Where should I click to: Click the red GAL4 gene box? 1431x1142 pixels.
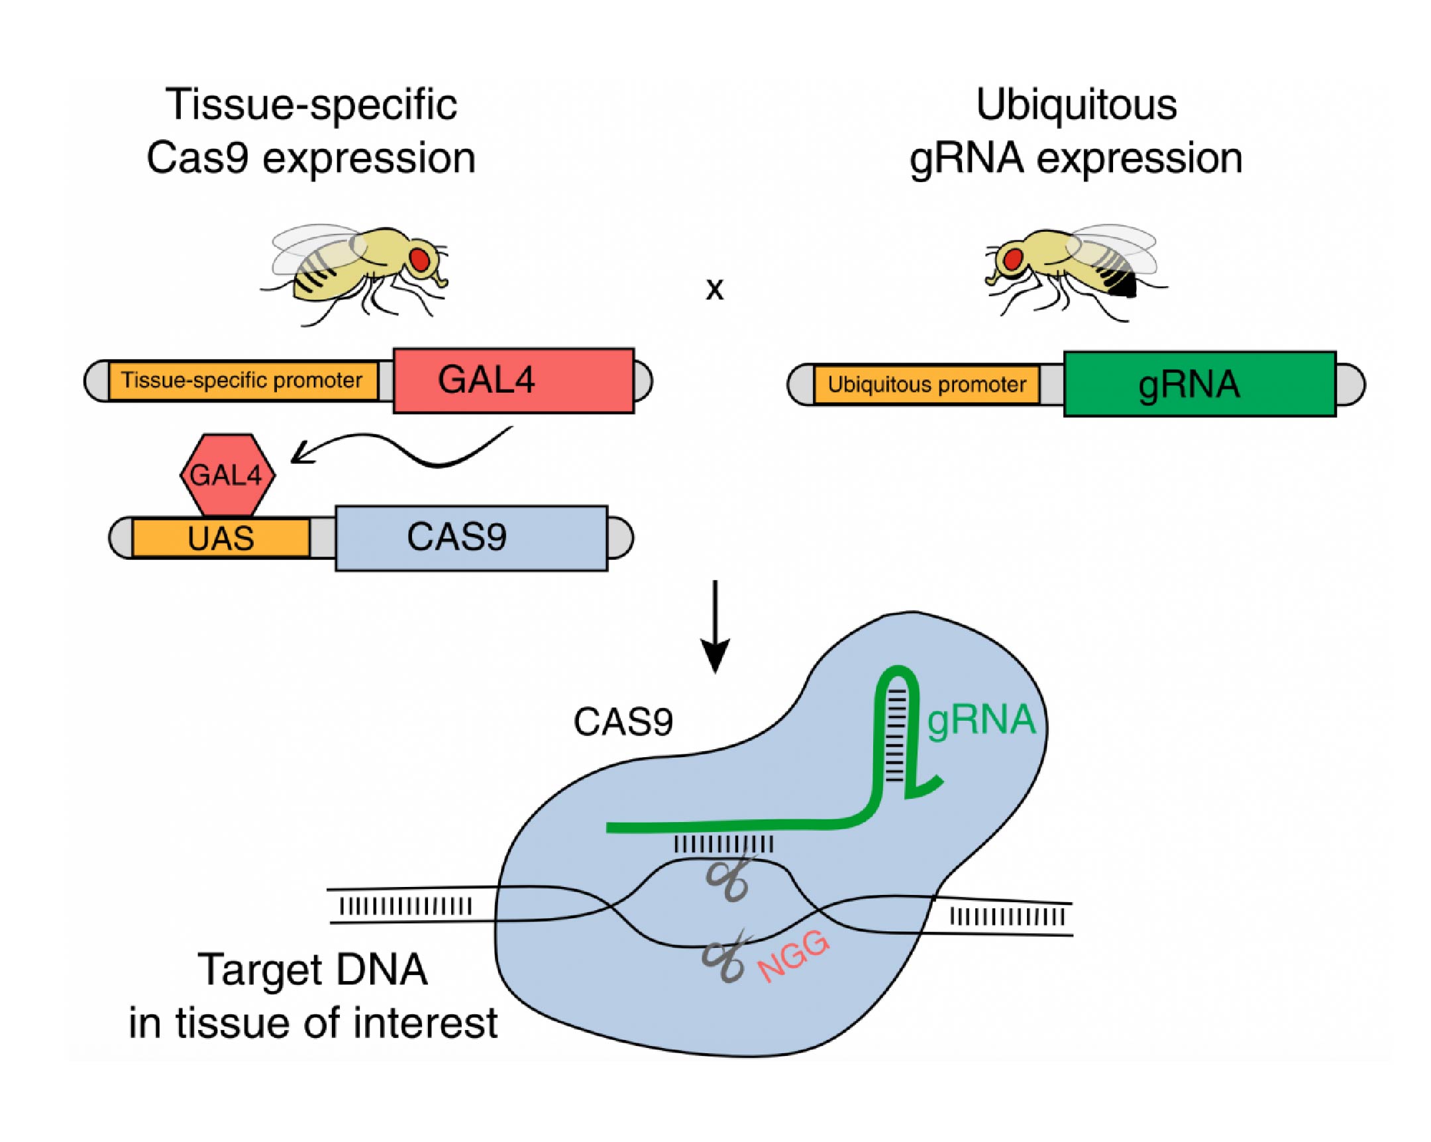click(x=513, y=381)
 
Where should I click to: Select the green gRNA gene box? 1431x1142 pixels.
click(x=1199, y=384)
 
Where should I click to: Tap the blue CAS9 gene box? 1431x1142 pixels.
click(x=470, y=537)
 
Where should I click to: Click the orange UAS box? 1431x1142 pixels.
click(x=221, y=538)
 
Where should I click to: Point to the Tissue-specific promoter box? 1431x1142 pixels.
click(x=242, y=381)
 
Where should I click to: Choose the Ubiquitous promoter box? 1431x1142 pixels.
click(x=926, y=385)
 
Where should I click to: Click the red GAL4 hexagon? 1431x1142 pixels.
click(x=227, y=475)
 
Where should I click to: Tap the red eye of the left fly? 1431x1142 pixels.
click(x=419, y=259)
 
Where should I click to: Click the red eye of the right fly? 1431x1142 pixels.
click(x=1012, y=259)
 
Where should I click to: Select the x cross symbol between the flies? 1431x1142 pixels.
click(x=714, y=289)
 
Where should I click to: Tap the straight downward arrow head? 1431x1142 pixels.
click(x=715, y=655)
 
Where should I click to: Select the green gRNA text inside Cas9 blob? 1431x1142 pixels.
click(x=981, y=720)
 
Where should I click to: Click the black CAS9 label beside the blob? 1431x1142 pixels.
click(x=623, y=722)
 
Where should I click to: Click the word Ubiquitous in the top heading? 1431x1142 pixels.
click(x=1076, y=105)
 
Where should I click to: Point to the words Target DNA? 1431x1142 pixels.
click(x=313, y=970)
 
